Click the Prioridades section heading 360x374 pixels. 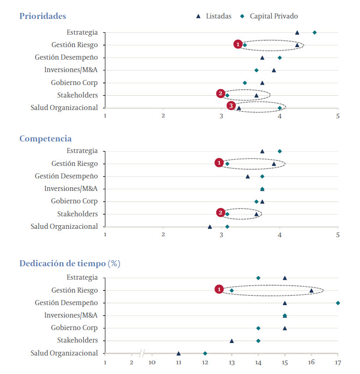[x=43, y=16]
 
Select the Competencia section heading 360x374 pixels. [x=45, y=139]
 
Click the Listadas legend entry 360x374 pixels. [x=214, y=16]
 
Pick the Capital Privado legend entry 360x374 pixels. [x=270, y=16]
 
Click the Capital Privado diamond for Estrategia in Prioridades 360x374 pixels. [x=314, y=32]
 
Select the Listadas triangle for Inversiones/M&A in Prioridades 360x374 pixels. [x=274, y=70]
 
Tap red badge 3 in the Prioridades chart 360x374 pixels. [x=231, y=106]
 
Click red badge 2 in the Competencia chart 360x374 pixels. [x=221, y=213]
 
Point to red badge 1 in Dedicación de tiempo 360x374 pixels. [x=220, y=289]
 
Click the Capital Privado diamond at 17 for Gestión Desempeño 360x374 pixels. [x=338, y=303]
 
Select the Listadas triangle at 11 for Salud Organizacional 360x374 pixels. [x=178, y=353]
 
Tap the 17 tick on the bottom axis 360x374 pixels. [x=338, y=362]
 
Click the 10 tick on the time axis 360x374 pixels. [x=152, y=362]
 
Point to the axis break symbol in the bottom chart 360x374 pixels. [x=142, y=354]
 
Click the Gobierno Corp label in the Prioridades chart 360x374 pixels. [x=74, y=83]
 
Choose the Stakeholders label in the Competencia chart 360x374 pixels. [x=78, y=214]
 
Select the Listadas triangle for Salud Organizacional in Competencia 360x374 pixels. [x=210, y=227]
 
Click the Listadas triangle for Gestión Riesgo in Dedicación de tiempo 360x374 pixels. [x=311, y=290]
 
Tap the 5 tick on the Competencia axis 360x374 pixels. [x=338, y=235]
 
